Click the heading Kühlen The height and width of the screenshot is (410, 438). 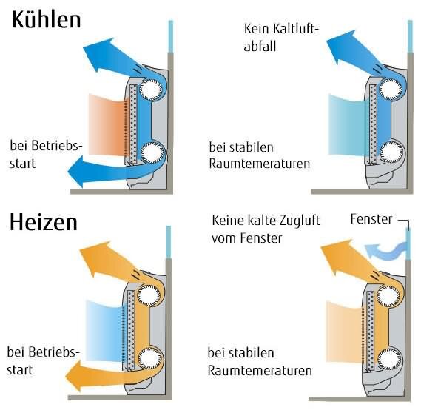point(46,20)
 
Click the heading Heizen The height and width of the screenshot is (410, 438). point(44,222)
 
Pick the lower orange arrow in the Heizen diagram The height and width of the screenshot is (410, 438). point(96,374)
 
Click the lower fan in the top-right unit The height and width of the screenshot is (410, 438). point(391,155)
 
